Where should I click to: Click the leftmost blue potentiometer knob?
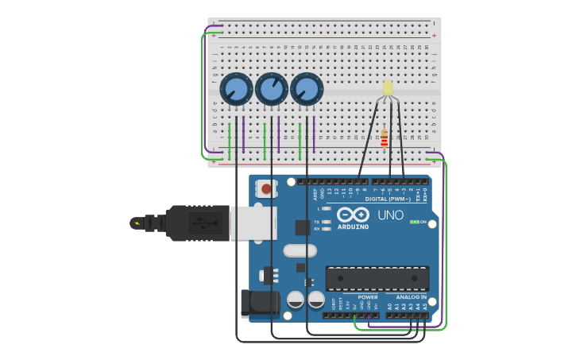coord(236,89)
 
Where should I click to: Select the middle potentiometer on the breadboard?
coord(272,89)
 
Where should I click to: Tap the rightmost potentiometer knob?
coord(307,89)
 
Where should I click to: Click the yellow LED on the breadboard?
coord(388,87)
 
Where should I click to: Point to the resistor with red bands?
coord(385,137)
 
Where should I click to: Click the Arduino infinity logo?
coord(353,215)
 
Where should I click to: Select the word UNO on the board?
coord(390,215)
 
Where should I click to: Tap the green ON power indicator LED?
coord(414,222)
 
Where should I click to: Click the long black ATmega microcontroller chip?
coord(377,278)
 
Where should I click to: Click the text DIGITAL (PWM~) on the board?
coord(387,199)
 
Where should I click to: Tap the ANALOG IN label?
coord(412,296)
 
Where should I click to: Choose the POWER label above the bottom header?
coord(368,296)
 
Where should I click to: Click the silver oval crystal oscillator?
coord(300,251)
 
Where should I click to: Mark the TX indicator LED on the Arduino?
coord(326,222)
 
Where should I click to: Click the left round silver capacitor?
coord(296,300)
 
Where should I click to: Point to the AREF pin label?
coord(315,193)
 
